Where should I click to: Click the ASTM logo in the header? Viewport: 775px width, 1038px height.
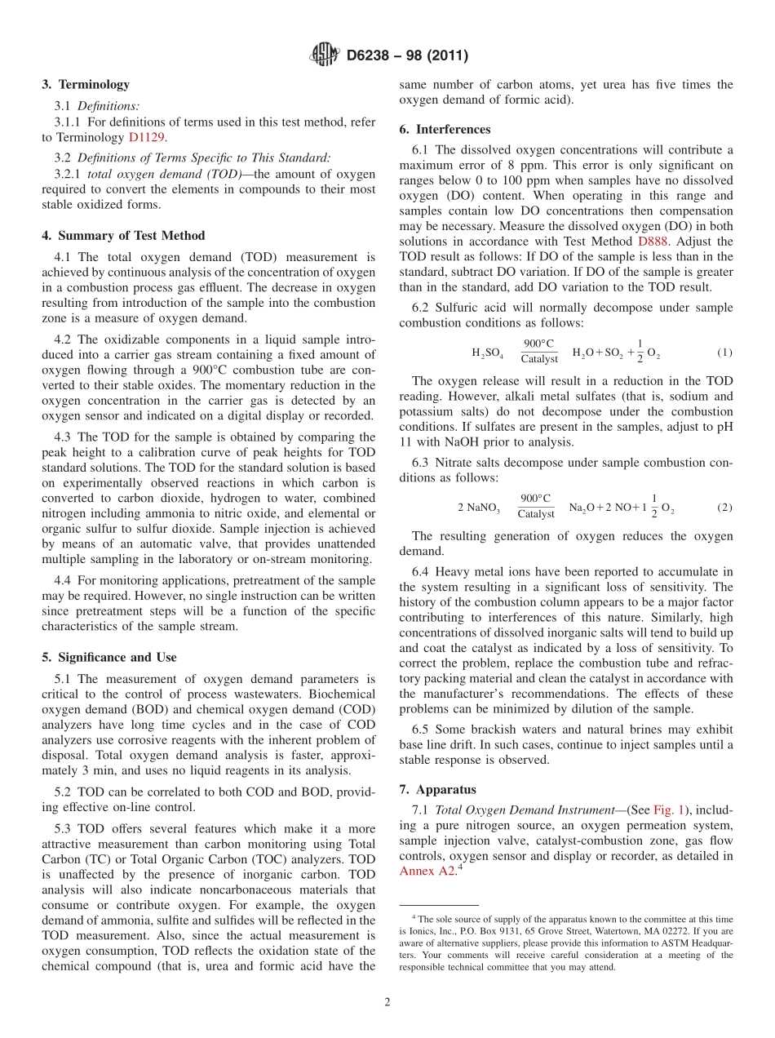[x=324, y=55]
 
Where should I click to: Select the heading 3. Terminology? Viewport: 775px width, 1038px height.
[x=86, y=84]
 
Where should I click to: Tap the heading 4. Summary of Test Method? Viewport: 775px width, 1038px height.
[x=123, y=236]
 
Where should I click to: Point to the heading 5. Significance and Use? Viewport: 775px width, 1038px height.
[x=108, y=657]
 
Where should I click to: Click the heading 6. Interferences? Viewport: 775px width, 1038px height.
[x=445, y=129]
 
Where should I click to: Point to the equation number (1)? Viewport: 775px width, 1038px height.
[x=724, y=353]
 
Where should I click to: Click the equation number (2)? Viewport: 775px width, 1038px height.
[x=724, y=507]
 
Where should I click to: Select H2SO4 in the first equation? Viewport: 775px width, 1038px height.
[x=488, y=353]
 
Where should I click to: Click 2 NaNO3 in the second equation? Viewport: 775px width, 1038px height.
[x=479, y=508]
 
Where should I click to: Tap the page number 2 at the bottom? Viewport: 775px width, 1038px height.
[x=387, y=1002]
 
